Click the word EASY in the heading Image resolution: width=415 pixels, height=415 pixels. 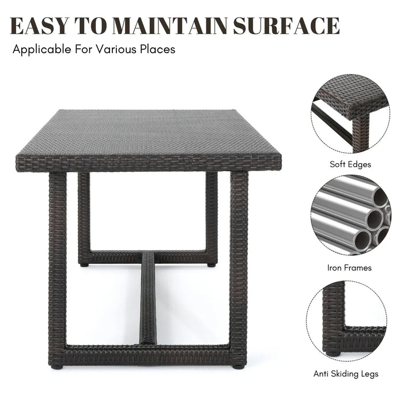click(x=39, y=26)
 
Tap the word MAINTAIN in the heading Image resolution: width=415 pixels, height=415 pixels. click(x=171, y=26)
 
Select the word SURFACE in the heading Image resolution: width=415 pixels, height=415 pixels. click(x=286, y=26)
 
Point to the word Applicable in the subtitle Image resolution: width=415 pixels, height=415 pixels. click(x=42, y=50)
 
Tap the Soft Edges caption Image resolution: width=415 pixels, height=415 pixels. click(x=350, y=164)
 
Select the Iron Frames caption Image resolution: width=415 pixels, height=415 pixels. click(x=349, y=268)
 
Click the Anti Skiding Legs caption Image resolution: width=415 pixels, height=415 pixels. click(x=346, y=374)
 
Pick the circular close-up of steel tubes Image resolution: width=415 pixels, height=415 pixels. click(x=350, y=215)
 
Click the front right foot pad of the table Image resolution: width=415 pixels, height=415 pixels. click(x=237, y=367)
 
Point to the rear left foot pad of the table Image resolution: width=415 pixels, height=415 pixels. click(x=84, y=265)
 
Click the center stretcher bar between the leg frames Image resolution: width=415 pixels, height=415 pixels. click(x=148, y=299)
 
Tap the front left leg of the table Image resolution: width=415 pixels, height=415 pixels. click(x=58, y=269)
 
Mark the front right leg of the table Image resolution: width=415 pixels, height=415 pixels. click(x=239, y=269)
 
